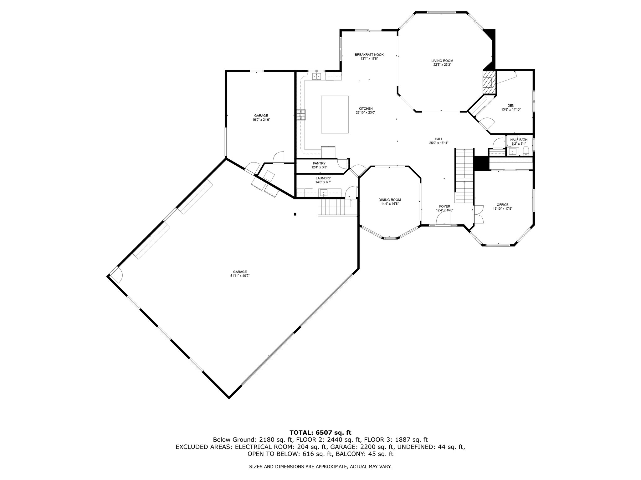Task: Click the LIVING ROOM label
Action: pos(442,61)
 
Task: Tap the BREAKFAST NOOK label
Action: pos(369,55)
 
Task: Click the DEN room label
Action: pos(511,105)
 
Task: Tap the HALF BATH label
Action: pos(519,140)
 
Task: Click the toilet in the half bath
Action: pos(526,152)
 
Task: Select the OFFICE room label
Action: pos(502,205)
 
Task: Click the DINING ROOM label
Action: pos(389,200)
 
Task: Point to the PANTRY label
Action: pos(319,163)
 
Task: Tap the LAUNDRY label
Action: pos(323,178)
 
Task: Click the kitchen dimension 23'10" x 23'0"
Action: pos(365,112)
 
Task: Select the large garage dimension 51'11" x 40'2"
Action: pos(239,276)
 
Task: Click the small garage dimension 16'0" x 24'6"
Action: pos(261,119)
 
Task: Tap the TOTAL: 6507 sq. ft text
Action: pos(320,432)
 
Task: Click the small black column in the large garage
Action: pos(295,214)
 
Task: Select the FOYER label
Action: pos(444,206)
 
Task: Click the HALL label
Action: pos(438,139)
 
